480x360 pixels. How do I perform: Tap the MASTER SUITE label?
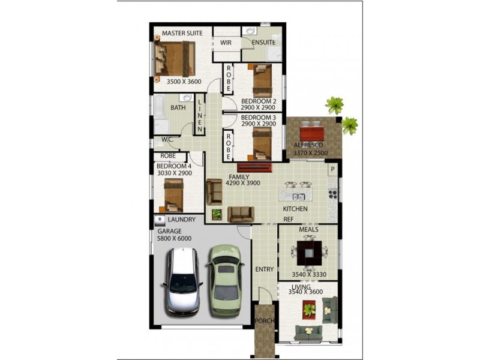point(182,33)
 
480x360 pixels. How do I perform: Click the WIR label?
point(226,43)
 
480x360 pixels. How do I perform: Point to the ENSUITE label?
point(263,43)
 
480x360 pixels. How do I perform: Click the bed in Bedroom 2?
point(262,81)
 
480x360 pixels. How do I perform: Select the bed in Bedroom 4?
point(174,195)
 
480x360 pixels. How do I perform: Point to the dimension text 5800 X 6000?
point(175,238)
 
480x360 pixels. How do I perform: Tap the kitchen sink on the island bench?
point(298,196)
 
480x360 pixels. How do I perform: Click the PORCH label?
point(264,321)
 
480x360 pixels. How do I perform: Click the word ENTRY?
point(264,269)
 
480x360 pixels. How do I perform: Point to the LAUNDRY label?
point(181,220)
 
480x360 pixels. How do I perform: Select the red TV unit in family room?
point(255,167)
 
